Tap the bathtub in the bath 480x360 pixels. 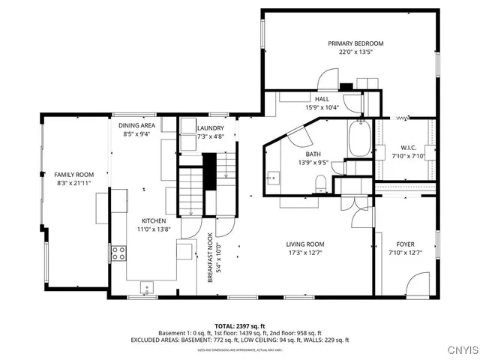click(355, 139)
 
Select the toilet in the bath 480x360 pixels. click(320, 182)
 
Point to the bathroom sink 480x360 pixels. click(273, 178)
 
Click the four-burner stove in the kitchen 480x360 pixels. click(118, 253)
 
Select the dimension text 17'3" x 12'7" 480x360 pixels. click(305, 253)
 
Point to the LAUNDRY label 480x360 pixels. click(210, 128)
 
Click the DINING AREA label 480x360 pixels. click(136, 125)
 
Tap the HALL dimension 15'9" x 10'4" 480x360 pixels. click(322, 108)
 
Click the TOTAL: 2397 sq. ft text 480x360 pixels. click(240, 326)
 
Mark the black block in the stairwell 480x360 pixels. click(210, 165)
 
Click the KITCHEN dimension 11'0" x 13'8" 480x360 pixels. click(154, 230)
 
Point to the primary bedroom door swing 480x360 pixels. click(328, 78)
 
